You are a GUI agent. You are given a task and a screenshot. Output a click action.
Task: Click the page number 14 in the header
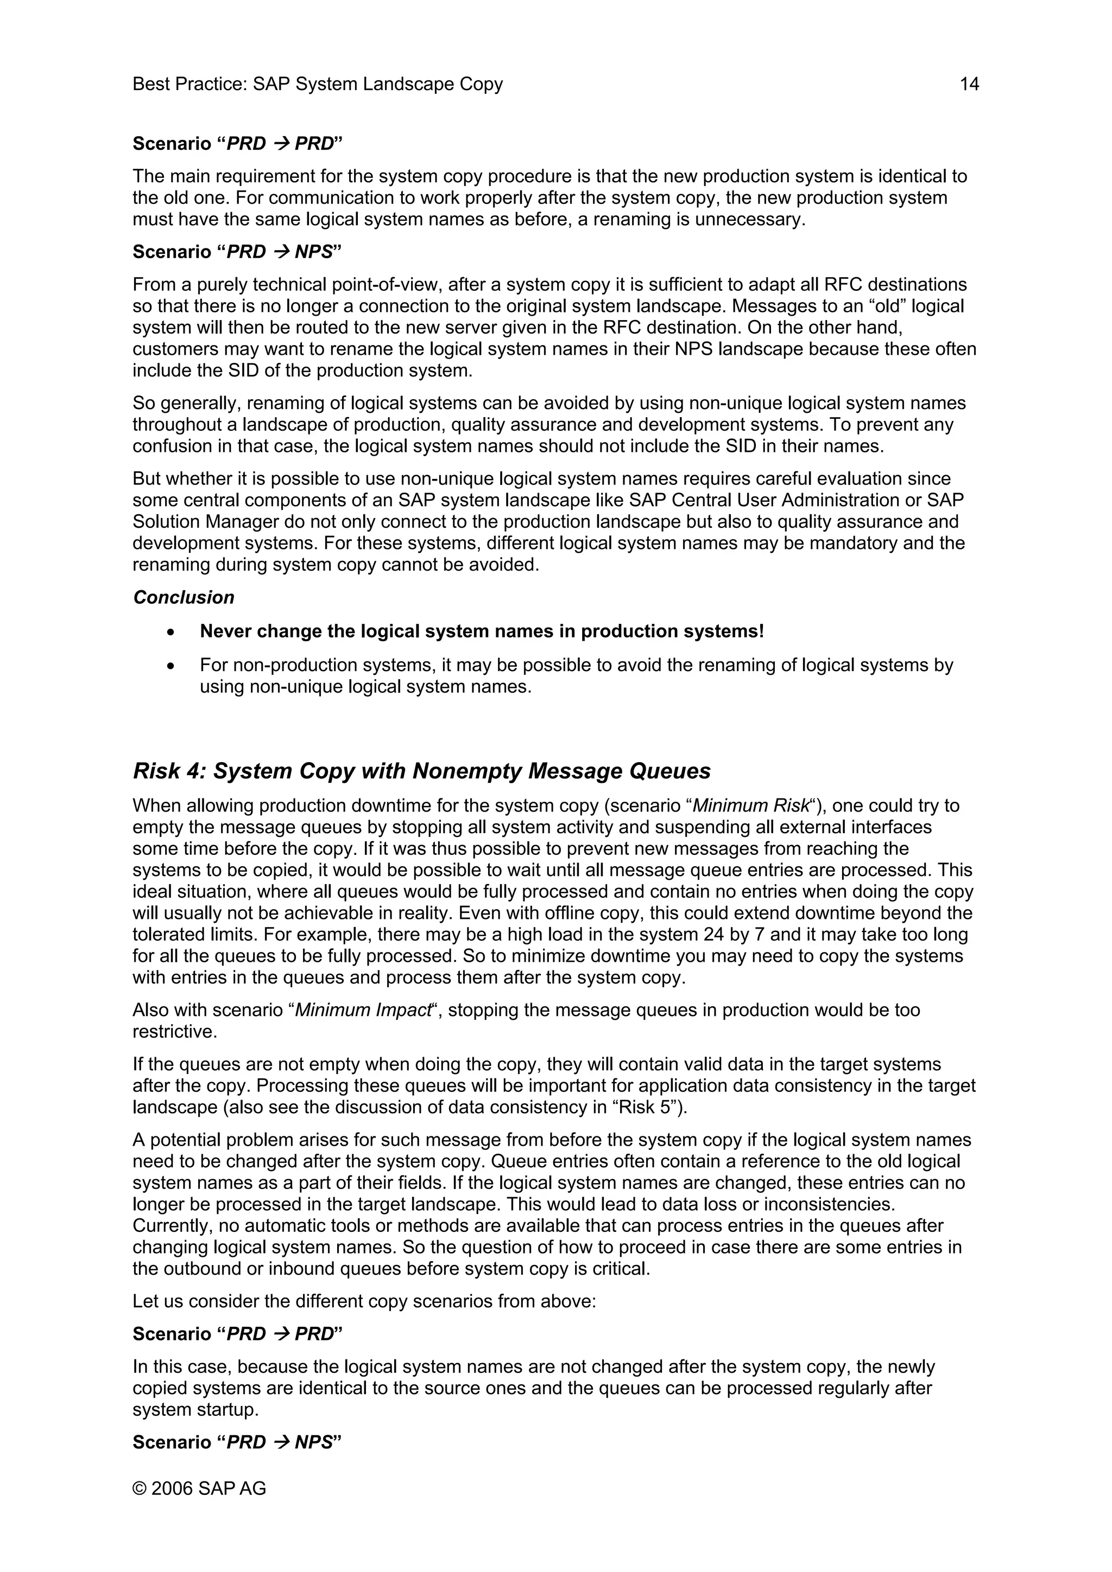pyautogui.click(x=969, y=84)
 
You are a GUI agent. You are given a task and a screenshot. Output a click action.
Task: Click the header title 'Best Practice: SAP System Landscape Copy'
pyautogui.click(x=317, y=84)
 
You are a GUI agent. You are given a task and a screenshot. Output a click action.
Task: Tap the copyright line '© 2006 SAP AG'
pyautogui.click(x=199, y=1488)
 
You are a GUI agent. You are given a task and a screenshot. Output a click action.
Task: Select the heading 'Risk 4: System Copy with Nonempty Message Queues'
pyautogui.click(x=421, y=771)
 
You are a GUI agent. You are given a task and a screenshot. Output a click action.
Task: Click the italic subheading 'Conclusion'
pyautogui.click(x=184, y=597)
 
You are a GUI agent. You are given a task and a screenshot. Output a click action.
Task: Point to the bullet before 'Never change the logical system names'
pyautogui.click(x=171, y=632)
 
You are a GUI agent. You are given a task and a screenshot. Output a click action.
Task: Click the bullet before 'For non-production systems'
pyautogui.click(x=171, y=666)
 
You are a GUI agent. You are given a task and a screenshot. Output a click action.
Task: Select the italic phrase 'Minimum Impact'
pyautogui.click(x=362, y=1010)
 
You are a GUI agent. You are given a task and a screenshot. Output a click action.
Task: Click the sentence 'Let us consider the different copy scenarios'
pyautogui.click(x=364, y=1301)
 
